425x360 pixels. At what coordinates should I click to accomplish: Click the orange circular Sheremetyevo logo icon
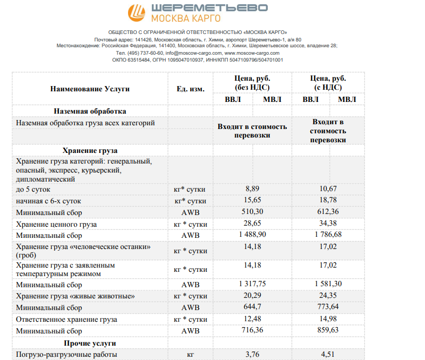click(x=138, y=13)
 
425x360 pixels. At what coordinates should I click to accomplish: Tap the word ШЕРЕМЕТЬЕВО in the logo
click(x=209, y=8)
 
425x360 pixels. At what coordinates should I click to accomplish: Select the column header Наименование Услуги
click(x=90, y=89)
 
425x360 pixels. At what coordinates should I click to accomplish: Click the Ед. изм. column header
click(x=190, y=89)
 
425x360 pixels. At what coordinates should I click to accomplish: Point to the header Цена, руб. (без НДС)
click(x=252, y=83)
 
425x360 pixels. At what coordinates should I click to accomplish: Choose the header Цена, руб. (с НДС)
click(x=328, y=83)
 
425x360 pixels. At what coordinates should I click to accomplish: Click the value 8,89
click(x=252, y=189)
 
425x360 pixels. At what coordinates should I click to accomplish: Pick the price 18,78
click(x=328, y=201)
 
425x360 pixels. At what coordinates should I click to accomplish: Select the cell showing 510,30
click(x=252, y=212)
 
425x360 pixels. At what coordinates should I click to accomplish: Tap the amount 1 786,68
click(x=328, y=235)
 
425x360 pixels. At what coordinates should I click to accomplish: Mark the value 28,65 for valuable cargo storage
click(x=252, y=224)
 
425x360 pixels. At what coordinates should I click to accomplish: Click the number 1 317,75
click(x=252, y=284)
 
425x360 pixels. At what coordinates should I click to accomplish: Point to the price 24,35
click(x=328, y=296)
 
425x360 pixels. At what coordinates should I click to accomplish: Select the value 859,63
click(x=328, y=331)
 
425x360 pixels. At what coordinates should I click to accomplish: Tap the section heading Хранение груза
click(x=90, y=150)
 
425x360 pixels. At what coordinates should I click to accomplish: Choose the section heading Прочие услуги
click(x=90, y=343)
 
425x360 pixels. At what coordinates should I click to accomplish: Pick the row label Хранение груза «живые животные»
click(x=75, y=296)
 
